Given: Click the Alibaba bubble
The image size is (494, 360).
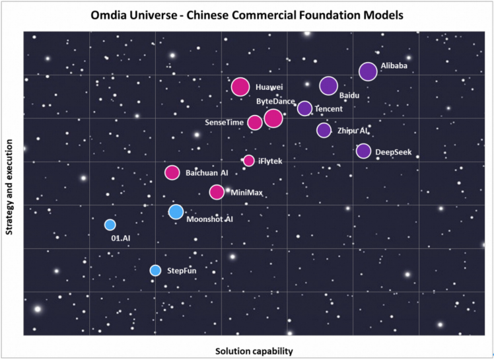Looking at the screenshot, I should pyautogui.click(x=368, y=71).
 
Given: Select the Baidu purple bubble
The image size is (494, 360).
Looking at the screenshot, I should pyautogui.click(x=328, y=86).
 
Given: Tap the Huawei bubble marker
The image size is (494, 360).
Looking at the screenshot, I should pyautogui.click(x=240, y=87).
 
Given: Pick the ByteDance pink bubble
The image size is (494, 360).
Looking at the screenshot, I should pyautogui.click(x=273, y=118).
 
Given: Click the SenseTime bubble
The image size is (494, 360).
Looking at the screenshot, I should pyautogui.click(x=255, y=122).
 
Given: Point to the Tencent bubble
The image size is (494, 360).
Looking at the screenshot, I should pyautogui.click(x=304, y=108).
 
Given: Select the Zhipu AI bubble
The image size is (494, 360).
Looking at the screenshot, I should pyautogui.click(x=324, y=130).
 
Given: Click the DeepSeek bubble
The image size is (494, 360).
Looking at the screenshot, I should pyautogui.click(x=363, y=151).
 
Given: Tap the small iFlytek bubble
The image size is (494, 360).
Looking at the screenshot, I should pyautogui.click(x=249, y=161).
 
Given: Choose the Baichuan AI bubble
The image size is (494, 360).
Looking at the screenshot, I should pyautogui.click(x=172, y=172).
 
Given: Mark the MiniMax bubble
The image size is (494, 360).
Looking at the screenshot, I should pyautogui.click(x=217, y=192).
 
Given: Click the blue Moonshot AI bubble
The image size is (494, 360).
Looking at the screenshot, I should pyautogui.click(x=176, y=212).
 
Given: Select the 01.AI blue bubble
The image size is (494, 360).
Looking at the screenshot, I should pyautogui.click(x=110, y=225).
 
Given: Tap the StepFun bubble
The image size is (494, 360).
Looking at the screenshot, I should pyautogui.click(x=155, y=270).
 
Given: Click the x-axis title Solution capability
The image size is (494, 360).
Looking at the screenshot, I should pyautogui.click(x=254, y=351).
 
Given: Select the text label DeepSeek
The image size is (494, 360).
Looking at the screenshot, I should pyautogui.click(x=394, y=153).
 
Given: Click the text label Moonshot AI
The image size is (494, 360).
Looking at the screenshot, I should pyautogui.click(x=210, y=219).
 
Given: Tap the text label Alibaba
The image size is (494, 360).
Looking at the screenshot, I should pyautogui.click(x=394, y=66).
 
